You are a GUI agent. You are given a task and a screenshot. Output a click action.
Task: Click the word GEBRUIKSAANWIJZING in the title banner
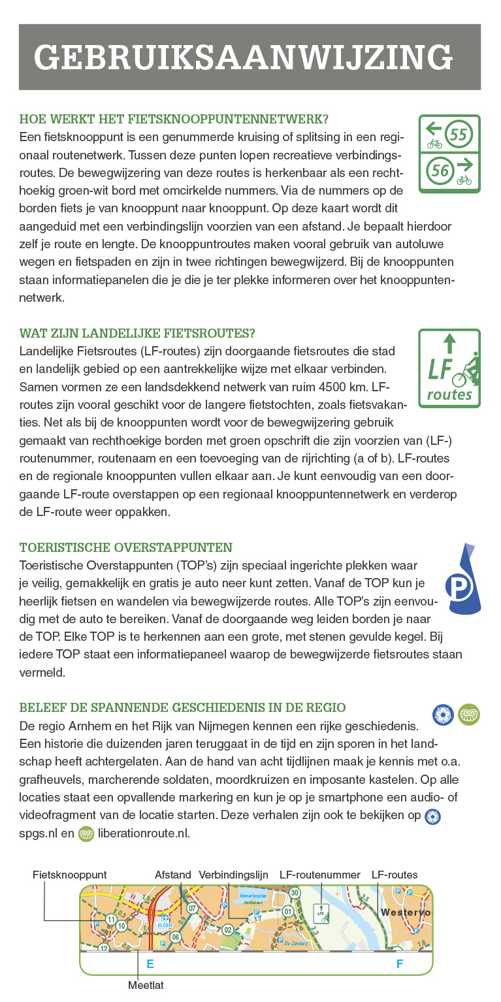tap(243, 57)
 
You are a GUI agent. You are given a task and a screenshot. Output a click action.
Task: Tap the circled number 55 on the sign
tap(459, 135)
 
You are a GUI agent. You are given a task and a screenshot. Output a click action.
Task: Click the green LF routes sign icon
tap(449, 368)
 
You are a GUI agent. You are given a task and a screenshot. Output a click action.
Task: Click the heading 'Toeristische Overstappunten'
tap(126, 547)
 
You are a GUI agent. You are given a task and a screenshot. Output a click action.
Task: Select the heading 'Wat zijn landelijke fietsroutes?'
tap(137, 333)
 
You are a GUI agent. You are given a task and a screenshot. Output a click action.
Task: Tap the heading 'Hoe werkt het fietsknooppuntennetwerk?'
tap(174, 120)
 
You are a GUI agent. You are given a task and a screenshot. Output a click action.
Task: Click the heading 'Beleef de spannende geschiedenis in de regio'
tap(183, 707)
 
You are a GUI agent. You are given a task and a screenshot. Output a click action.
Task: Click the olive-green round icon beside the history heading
tap(469, 715)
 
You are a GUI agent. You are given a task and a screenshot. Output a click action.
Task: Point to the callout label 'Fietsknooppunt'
tap(70, 875)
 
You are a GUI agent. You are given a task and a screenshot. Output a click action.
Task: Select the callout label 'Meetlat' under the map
tap(146, 986)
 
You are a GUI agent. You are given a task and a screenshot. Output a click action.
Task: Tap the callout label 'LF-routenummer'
tap(320, 875)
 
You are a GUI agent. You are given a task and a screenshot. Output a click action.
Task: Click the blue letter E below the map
tap(150, 963)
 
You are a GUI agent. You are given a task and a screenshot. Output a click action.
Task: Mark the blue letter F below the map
tap(400, 963)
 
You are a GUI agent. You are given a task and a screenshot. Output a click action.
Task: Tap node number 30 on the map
tap(295, 893)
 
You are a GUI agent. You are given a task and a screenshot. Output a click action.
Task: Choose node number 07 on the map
tap(192, 908)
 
